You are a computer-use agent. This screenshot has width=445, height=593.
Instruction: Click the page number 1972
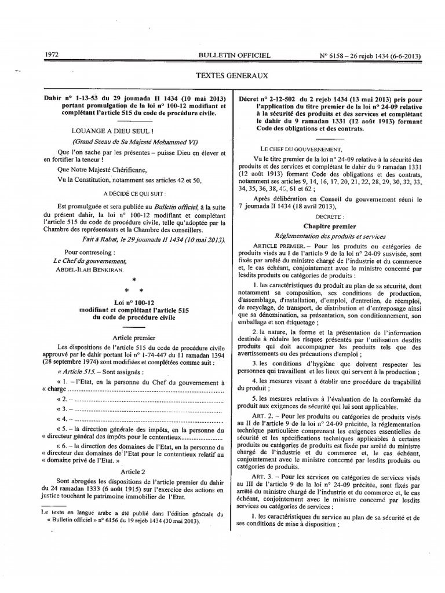(52, 55)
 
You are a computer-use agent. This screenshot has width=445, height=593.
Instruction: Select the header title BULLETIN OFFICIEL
(234, 55)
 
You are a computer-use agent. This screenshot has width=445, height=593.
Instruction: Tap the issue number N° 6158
(330, 56)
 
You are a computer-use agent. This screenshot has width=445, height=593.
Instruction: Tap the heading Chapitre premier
(329, 226)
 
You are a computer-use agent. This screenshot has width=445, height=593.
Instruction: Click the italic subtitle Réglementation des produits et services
(329, 236)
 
